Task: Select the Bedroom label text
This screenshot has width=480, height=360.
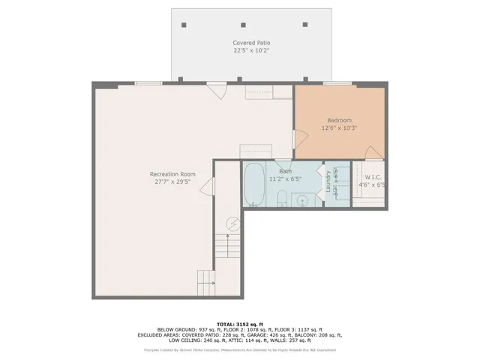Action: click(x=339, y=120)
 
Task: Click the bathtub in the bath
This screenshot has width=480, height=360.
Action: click(x=253, y=184)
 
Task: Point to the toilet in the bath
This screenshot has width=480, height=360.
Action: click(x=281, y=199)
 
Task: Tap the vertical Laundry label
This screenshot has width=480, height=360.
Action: click(x=328, y=184)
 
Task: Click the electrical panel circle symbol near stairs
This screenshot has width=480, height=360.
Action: click(x=232, y=223)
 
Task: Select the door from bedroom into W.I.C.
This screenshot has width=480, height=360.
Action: click(x=373, y=153)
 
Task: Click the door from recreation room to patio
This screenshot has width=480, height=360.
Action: click(x=217, y=91)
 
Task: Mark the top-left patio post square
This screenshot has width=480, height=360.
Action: click(x=184, y=24)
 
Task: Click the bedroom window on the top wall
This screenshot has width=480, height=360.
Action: click(x=337, y=83)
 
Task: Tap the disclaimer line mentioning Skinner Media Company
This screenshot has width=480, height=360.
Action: click(x=239, y=349)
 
